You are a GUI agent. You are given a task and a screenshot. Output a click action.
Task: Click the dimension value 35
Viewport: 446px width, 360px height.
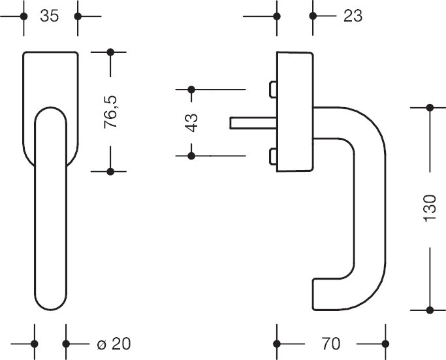tap(49, 16)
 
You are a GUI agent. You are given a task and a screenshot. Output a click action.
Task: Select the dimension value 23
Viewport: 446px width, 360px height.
tap(352, 16)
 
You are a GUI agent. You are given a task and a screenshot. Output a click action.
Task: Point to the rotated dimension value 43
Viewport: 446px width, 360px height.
tap(191, 122)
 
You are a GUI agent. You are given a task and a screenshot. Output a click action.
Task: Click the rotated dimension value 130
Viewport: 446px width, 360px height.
tap(429, 208)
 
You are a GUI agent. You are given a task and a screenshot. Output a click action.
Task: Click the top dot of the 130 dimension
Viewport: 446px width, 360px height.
tap(430, 108)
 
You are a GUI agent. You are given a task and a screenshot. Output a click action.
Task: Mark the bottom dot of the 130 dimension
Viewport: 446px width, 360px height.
tap(430, 308)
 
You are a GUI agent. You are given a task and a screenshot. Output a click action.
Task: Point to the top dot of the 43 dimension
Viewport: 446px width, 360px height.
tap(191, 89)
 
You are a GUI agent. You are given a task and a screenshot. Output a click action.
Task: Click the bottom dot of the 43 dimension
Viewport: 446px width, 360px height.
tap(191, 155)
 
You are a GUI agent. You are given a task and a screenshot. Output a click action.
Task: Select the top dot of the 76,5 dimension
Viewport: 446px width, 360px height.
tap(110, 52)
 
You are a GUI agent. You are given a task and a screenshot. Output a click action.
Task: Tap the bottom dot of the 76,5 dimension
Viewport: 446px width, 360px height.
tap(110, 171)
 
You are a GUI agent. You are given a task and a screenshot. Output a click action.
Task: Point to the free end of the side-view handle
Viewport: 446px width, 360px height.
tap(316, 295)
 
